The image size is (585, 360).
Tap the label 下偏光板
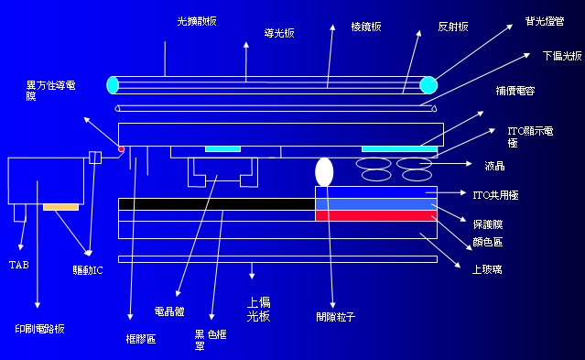click(x=561, y=56)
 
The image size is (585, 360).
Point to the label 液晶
click(x=494, y=166)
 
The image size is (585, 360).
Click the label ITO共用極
click(x=493, y=194)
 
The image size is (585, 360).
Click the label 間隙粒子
click(x=334, y=317)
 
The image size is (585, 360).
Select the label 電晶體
click(x=171, y=311)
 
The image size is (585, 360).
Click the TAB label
click(x=18, y=265)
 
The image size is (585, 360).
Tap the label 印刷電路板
click(x=40, y=327)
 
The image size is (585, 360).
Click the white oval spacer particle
click(x=324, y=171)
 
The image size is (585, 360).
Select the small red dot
click(x=121, y=148)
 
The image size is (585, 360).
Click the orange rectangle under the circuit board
click(x=60, y=208)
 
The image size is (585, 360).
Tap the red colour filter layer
click(x=375, y=216)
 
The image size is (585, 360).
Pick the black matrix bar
click(x=216, y=203)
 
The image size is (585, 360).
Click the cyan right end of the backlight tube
click(x=428, y=85)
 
